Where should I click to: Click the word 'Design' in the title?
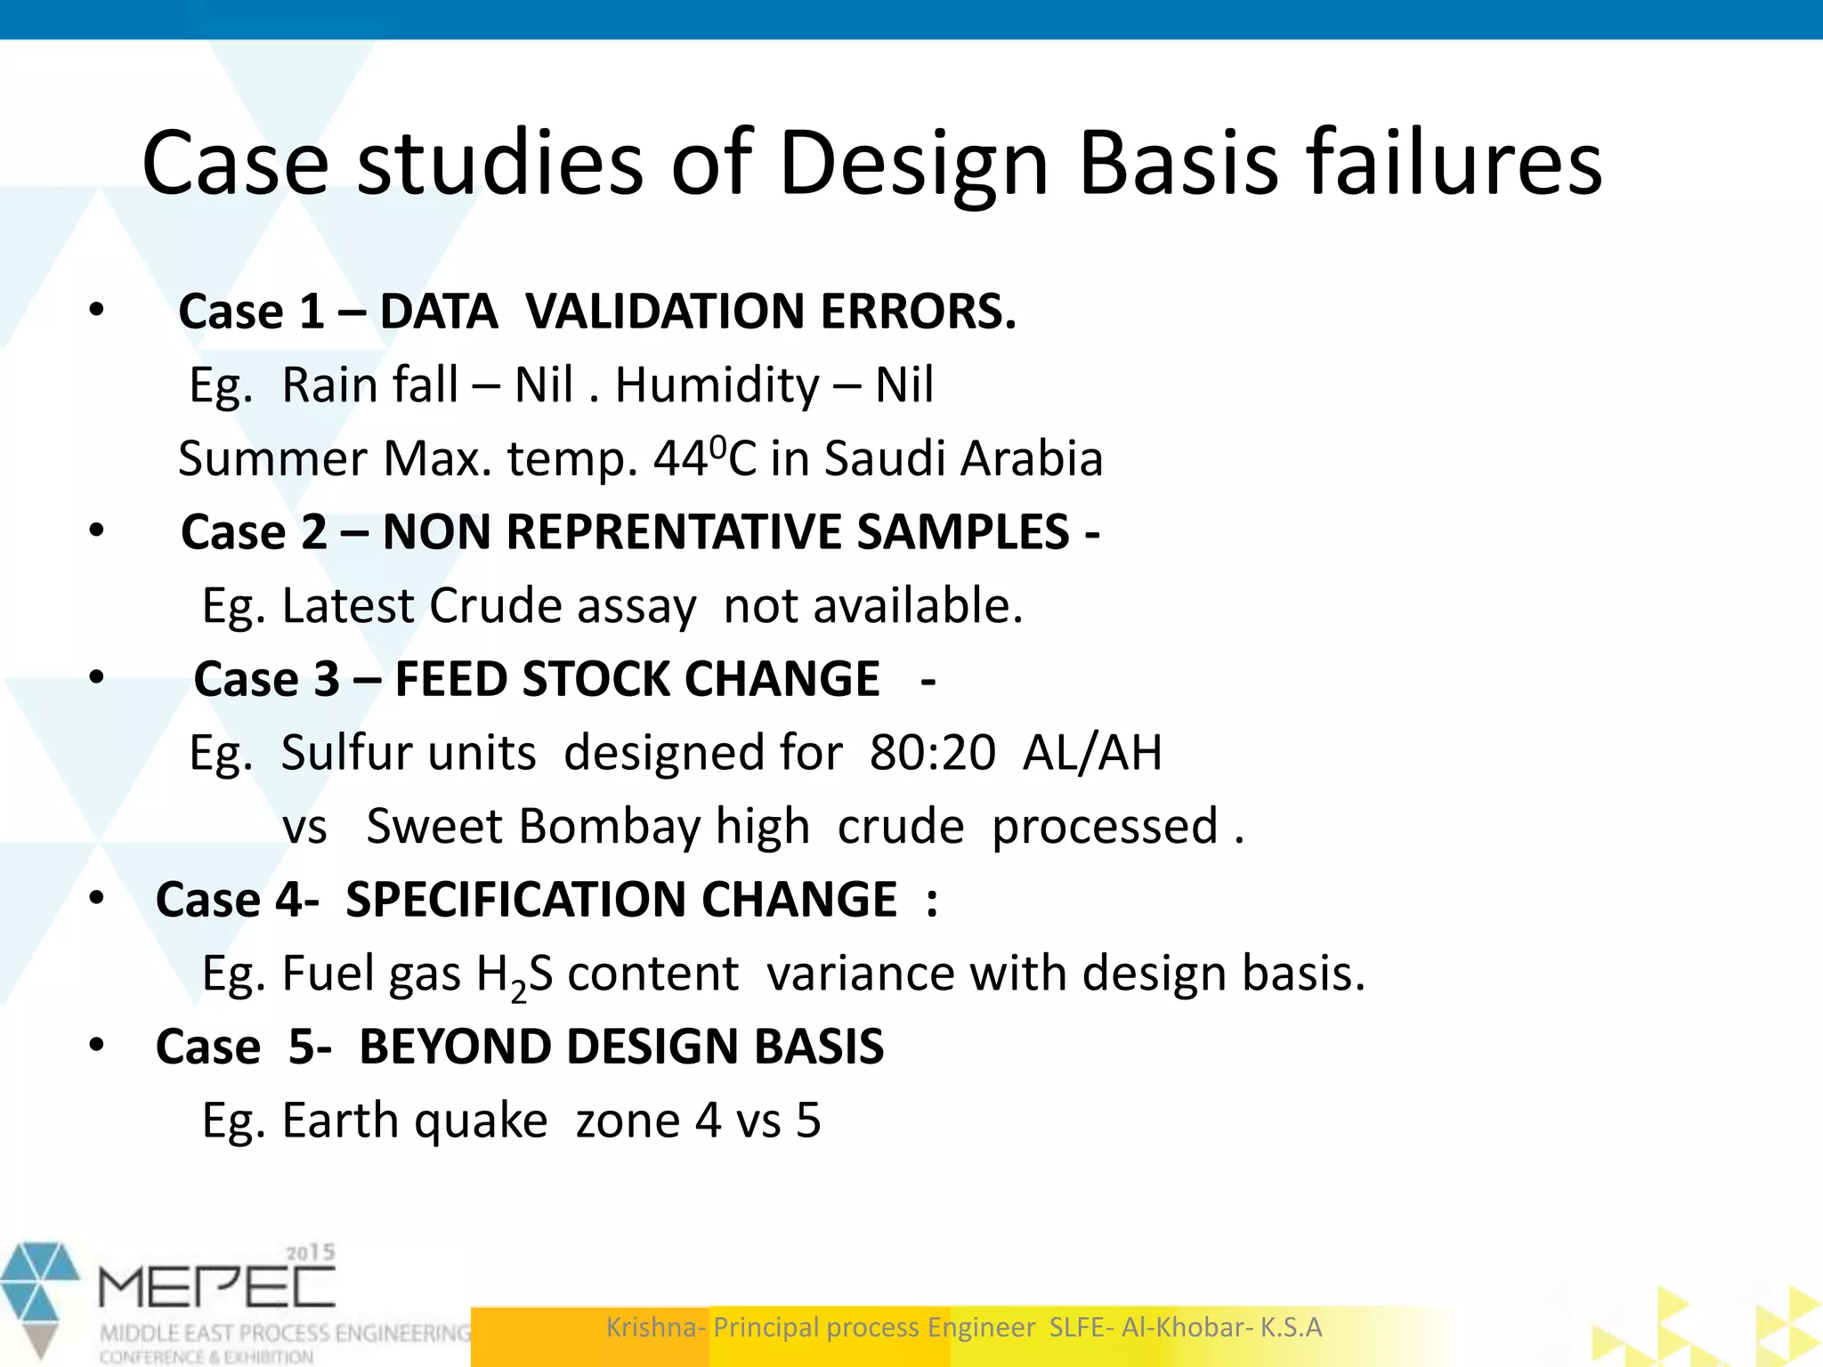coord(913,165)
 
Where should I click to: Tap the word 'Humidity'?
coord(717,385)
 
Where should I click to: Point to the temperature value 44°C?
coord(704,458)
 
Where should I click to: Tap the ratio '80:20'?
coord(932,753)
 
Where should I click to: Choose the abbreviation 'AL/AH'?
coord(1092,753)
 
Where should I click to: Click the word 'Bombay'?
coord(610,827)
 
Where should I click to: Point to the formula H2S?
coord(514,975)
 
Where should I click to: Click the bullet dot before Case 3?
coord(97,678)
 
